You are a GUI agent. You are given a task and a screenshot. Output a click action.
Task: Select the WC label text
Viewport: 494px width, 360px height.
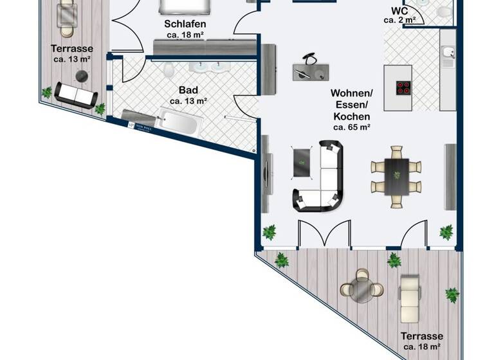click(x=399, y=10)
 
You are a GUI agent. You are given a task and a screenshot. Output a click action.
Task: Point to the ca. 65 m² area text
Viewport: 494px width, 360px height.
click(x=351, y=128)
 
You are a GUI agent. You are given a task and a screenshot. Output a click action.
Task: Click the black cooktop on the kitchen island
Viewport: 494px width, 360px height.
click(x=404, y=89)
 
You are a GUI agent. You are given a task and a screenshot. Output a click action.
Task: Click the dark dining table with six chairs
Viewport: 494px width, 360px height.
click(x=396, y=175)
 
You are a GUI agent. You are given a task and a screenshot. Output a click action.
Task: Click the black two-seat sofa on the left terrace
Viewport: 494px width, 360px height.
click(x=76, y=95)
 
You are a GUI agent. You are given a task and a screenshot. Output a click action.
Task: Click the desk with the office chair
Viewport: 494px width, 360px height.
click(x=309, y=69)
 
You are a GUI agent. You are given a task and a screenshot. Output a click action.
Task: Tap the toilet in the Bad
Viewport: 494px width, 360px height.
click(x=169, y=69)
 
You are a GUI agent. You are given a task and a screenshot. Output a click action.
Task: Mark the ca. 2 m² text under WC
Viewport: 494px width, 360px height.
click(x=399, y=21)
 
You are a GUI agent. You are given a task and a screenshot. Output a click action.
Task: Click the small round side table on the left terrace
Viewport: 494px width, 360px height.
click(x=82, y=76)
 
